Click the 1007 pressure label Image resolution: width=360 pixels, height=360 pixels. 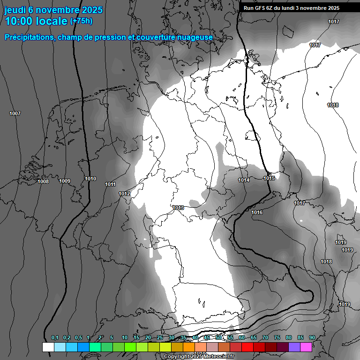click(x=15, y=114)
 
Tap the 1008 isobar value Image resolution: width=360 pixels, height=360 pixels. click(x=43, y=181)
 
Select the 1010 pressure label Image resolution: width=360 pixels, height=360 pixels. click(x=90, y=179)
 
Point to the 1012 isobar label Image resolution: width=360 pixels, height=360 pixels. click(x=124, y=194)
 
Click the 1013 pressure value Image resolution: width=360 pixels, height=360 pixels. click(x=178, y=208)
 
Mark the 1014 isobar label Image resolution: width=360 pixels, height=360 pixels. click(x=244, y=180)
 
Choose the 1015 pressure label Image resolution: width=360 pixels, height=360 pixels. click(x=269, y=178)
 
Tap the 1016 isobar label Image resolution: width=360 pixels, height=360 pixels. click(x=257, y=212)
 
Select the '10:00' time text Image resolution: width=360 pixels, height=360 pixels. click(x=18, y=21)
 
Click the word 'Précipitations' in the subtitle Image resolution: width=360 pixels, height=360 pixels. click(x=28, y=37)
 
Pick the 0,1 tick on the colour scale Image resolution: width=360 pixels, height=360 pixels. click(x=55, y=338)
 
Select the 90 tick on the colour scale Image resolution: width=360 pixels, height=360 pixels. click(x=312, y=338)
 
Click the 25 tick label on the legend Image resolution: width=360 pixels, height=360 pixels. click(x=159, y=338)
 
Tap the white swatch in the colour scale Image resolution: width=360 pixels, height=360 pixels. click(x=48, y=347)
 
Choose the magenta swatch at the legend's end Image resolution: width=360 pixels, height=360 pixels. click(x=306, y=347)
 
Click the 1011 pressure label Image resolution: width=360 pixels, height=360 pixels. click(x=110, y=184)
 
